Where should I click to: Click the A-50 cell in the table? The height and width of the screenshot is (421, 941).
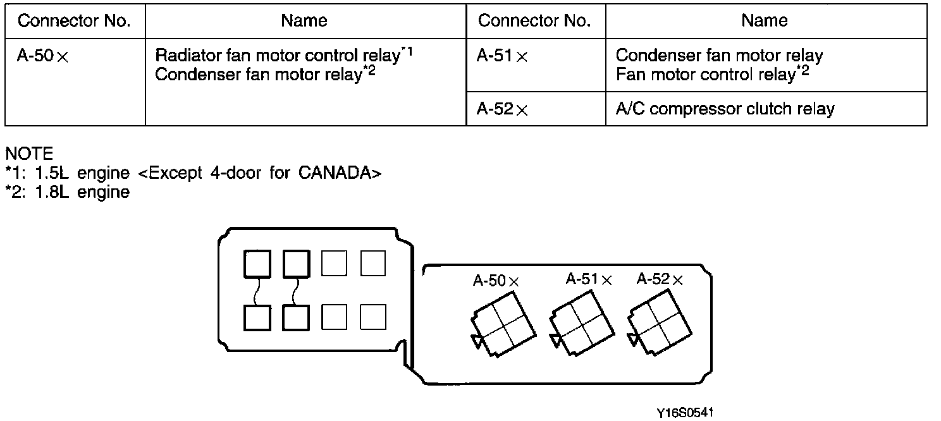coord(75,82)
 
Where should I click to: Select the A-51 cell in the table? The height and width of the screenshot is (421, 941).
coord(536,65)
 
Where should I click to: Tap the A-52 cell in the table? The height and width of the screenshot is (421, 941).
coord(536,109)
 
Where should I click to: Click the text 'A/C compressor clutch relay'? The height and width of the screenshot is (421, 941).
coord(725,109)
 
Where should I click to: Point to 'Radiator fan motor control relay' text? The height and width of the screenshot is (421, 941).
coord(278,56)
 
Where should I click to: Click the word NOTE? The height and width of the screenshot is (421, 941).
coord(29,154)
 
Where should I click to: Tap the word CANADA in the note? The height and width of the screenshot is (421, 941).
coord(335,173)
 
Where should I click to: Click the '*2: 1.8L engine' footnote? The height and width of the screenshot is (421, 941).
coord(67,192)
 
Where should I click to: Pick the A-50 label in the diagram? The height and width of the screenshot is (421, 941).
coord(496,281)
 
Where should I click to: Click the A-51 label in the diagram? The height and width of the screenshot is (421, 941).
coord(589,279)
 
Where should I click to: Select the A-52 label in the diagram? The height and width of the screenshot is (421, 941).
coord(660,279)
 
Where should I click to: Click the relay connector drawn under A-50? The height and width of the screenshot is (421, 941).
coord(503,324)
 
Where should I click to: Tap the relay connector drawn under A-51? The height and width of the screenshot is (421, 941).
coord(582,323)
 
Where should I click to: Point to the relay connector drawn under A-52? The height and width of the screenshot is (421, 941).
coord(659,322)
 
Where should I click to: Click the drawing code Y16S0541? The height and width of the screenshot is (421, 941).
coord(685,413)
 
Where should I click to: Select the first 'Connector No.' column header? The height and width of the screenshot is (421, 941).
coord(74,21)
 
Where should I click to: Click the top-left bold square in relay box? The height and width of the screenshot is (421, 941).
coord(257,264)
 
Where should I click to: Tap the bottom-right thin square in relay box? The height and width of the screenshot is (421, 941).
coord(373,317)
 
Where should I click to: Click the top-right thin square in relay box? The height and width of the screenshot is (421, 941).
coord(373,263)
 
